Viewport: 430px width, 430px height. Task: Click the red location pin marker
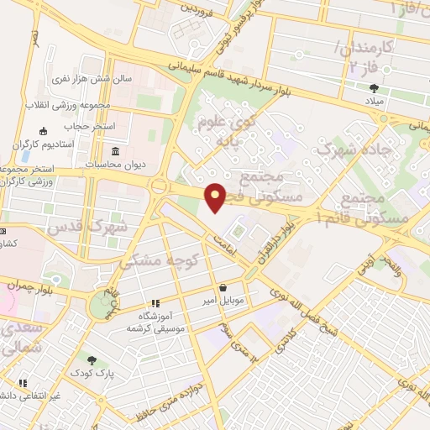coord(216,197)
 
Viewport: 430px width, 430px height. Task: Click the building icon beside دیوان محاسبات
coord(115,150)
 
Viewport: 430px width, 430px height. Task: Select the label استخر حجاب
coord(89,126)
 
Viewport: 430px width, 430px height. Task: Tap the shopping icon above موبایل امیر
coord(222,286)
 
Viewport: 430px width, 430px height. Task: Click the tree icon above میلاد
coord(373,88)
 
